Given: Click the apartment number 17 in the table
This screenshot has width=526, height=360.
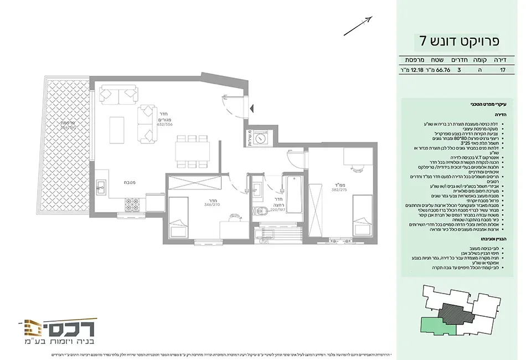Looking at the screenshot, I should [502, 71].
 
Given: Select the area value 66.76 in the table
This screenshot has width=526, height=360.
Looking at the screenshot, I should [442, 71].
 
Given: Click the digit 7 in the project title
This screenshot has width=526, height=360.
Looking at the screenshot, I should [422, 42].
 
